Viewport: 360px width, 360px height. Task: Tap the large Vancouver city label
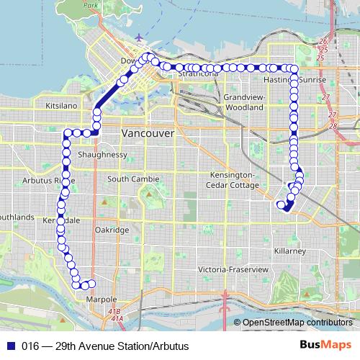click(x=148, y=134)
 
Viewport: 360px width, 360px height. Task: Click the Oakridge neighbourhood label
click(x=112, y=230)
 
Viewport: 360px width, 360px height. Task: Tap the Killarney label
click(x=290, y=251)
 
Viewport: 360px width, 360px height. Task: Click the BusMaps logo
click(x=325, y=346)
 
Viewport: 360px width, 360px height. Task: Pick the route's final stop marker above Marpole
click(x=91, y=283)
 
